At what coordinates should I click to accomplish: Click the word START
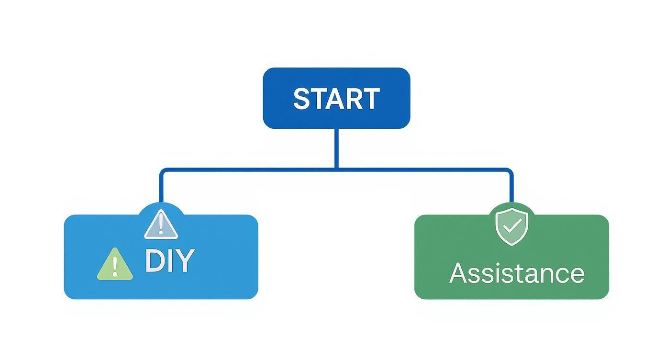tap(336, 99)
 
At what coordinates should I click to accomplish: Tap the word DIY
tap(169, 261)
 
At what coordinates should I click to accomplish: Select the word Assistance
tap(517, 273)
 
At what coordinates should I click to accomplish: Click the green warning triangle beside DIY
tap(115, 265)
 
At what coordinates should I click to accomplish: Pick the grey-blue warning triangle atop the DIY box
tap(161, 225)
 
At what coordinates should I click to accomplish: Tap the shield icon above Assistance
tap(511, 226)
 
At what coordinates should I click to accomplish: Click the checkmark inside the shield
tap(511, 226)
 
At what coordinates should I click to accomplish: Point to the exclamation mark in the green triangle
tap(115, 266)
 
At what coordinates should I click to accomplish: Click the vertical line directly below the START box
tap(336, 148)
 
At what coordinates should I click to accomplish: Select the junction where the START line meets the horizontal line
tap(336, 169)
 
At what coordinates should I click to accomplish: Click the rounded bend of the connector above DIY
tap(163, 171)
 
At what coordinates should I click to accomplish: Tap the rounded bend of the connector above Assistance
tap(510, 171)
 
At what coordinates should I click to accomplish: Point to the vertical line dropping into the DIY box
tap(161, 189)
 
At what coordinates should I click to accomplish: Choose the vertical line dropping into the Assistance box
tap(511, 189)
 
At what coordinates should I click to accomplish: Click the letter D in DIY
tap(154, 261)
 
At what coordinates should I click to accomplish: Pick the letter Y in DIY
tap(184, 261)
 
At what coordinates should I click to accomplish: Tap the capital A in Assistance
tap(458, 273)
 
